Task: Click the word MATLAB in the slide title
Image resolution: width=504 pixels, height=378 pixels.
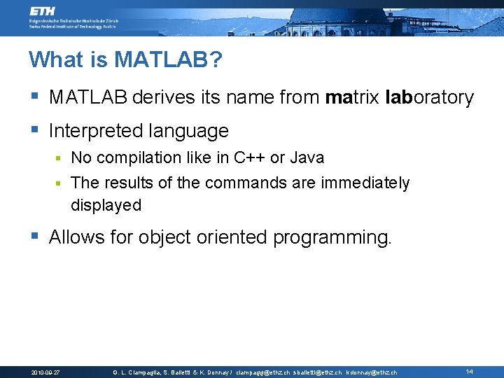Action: coord(160,60)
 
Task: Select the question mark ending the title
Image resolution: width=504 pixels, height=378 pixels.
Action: coord(216,60)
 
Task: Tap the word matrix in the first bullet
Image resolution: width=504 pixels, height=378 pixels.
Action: coord(353,97)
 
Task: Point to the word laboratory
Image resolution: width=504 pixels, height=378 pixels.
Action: coord(429,97)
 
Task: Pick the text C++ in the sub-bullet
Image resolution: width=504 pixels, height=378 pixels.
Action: coord(250,157)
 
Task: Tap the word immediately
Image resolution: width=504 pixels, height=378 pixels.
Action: coord(365,183)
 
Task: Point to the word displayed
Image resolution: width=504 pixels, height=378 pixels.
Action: coord(106,206)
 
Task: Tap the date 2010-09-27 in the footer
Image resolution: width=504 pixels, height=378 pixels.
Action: coord(45,372)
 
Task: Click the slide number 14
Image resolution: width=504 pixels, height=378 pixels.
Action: coord(470,372)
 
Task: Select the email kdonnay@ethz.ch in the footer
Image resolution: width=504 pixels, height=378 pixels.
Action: coord(372,372)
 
